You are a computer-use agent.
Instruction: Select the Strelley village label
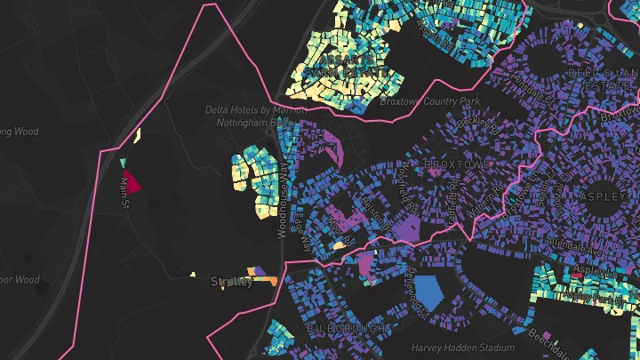point(232,282)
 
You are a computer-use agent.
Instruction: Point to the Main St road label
point(124,193)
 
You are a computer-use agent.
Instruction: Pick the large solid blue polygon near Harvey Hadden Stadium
point(430,292)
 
